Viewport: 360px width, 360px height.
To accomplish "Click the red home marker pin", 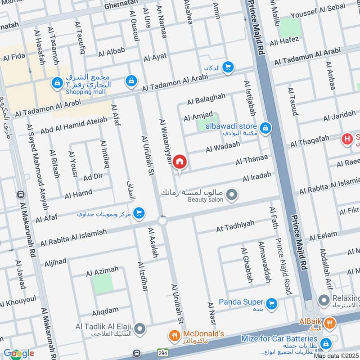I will click(180, 161).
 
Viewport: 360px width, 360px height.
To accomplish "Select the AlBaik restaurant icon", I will click(330, 323).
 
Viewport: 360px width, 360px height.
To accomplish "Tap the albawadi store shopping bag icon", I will click(265, 128).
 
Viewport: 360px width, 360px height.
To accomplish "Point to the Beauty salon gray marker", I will click(232, 195).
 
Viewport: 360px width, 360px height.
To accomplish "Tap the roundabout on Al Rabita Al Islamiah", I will click(162, 220).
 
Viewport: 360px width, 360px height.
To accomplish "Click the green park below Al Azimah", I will click(103, 284).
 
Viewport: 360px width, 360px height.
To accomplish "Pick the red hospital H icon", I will click(347, 139).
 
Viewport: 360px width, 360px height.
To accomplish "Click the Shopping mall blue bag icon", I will click(57, 83).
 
